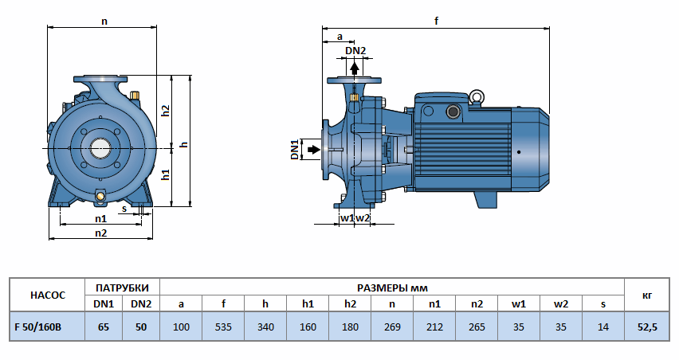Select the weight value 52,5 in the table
(646, 327)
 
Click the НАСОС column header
(45, 295)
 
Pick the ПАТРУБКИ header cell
(122, 287)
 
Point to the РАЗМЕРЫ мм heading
(392, 287)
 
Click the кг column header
(646, 295)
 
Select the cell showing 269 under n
(392, 327)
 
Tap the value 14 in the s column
(602, 327)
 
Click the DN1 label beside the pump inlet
(294, 149)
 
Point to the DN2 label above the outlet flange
(355, 52)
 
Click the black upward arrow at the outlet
(355, 67)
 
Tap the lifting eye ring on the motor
(477, 98)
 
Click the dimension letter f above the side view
(437, 22)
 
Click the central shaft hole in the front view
(100, 147)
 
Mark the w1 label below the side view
(347, 217)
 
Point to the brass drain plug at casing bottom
(100, 196)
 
